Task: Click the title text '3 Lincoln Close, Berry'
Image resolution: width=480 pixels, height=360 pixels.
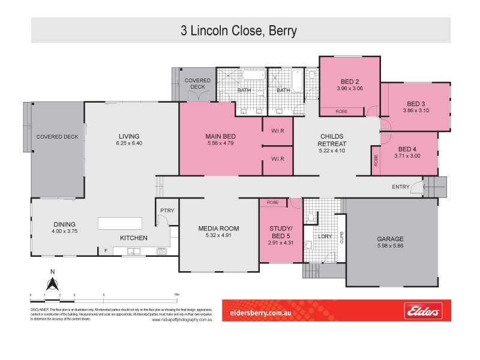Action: (x=239, y=30)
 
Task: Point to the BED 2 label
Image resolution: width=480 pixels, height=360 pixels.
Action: (x=349, y=82)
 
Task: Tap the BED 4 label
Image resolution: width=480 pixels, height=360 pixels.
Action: (x=407, y=149)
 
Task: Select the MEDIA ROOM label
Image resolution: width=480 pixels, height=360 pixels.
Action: (x=218, y=229)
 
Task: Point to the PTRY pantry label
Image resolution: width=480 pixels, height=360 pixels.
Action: (x=166, y=210)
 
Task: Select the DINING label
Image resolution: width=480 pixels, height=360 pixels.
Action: (x=64, y=224)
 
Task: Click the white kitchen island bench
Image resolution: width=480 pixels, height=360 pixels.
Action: (x=120, y=223)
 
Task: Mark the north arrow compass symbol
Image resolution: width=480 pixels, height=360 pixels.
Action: (x=52, y=282)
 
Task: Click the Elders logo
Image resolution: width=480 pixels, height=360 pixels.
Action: (x=424, y=312)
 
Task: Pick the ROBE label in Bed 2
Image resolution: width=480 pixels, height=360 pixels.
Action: (x=341, y=111)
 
